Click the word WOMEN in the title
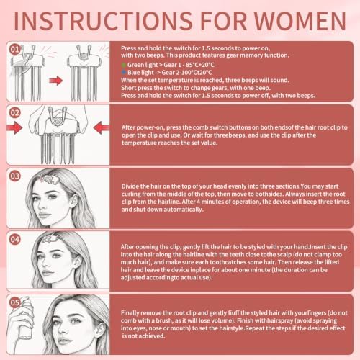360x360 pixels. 300,21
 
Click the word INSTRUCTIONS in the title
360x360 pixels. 103,21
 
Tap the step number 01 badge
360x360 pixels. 15,50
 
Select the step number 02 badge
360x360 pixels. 15,113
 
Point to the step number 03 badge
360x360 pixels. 15,176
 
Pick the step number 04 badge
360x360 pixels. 15,239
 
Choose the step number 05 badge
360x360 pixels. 15,302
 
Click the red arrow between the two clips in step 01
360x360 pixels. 55,81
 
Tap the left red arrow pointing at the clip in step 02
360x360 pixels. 15,127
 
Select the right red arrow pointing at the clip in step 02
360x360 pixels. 102,127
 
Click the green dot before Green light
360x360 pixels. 124,65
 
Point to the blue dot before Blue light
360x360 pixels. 124,72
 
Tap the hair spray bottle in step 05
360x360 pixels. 24,318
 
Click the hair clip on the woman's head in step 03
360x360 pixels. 50,179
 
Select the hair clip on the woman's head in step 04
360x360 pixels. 50,238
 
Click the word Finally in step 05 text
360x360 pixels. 130,313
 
